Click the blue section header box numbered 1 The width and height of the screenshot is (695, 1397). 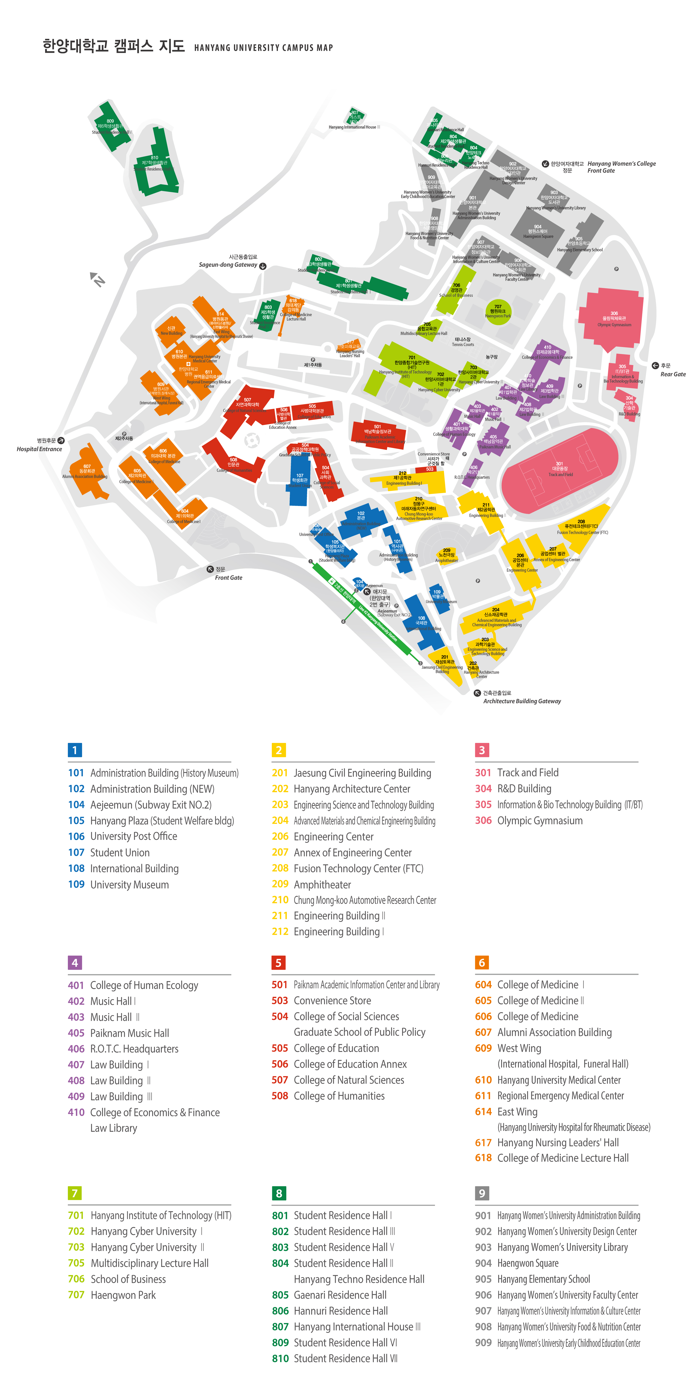tap(75, 750)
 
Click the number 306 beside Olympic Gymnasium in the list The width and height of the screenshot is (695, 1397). tap(483, 820)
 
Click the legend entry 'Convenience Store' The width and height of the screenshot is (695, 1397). tap(332, 1001)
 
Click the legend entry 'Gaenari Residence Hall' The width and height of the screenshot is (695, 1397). tap(340, 1295)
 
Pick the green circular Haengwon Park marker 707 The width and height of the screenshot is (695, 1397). tap(498, 312)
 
